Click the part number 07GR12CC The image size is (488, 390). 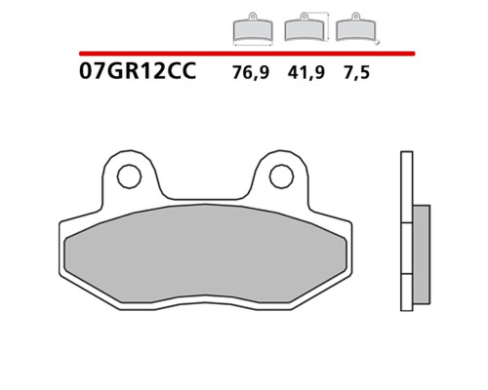(138, 71)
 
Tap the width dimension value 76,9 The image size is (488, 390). (251, 72)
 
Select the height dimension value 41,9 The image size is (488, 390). (305, 72)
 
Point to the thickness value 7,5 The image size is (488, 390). (356, 72)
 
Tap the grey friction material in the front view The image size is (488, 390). (206, 253)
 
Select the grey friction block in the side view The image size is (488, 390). (422, 254)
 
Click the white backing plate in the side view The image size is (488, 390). (407, 231)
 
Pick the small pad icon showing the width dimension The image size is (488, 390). (253, 28)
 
